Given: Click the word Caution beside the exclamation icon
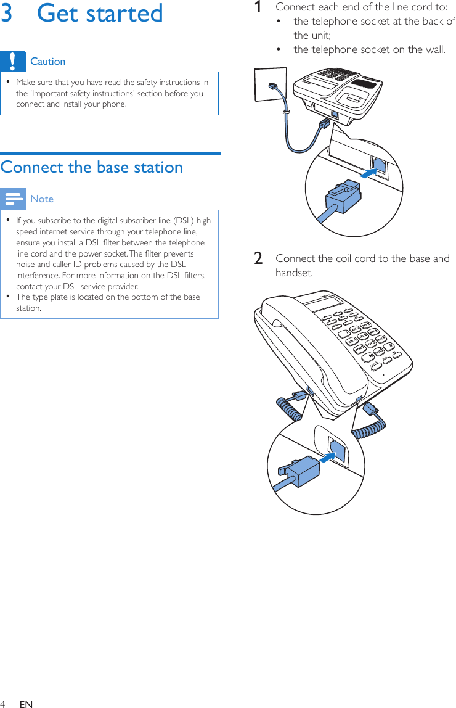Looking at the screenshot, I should pyautogui.click(x=47, y=61).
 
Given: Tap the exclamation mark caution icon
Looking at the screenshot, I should pyautogui.click(x=13, y=61).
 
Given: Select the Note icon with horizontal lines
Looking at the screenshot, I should pyautogui.click(x=13, y=199).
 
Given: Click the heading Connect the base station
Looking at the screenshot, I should pyautogui.click(x=92, y=167).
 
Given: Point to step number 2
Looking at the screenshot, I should pyautogui.click(x=259, y=258).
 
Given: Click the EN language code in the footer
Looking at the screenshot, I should pyautogui.click(x=26, y=704).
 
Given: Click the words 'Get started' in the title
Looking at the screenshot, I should pyautogui.click(x=100, y=13).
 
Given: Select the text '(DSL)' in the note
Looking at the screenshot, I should pyautogui.click(x=176, y=221).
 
